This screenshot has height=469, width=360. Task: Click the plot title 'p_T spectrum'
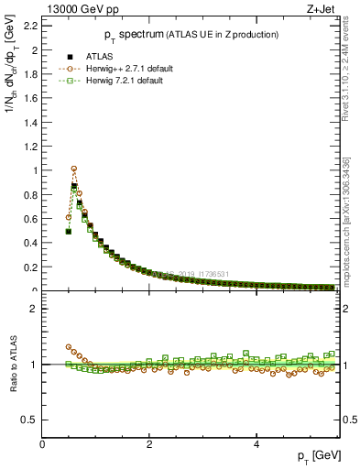pos(125,35)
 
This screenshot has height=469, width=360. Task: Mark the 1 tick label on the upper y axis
pos(34,170)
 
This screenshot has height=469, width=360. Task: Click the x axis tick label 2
pos(149,444)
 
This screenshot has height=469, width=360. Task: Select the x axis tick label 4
pos(256,444)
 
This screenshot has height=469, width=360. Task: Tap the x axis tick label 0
pos(42,444)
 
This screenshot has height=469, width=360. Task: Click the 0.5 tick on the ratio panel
pos(29,420)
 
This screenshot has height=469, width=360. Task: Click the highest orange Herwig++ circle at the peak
pos(74,169)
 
